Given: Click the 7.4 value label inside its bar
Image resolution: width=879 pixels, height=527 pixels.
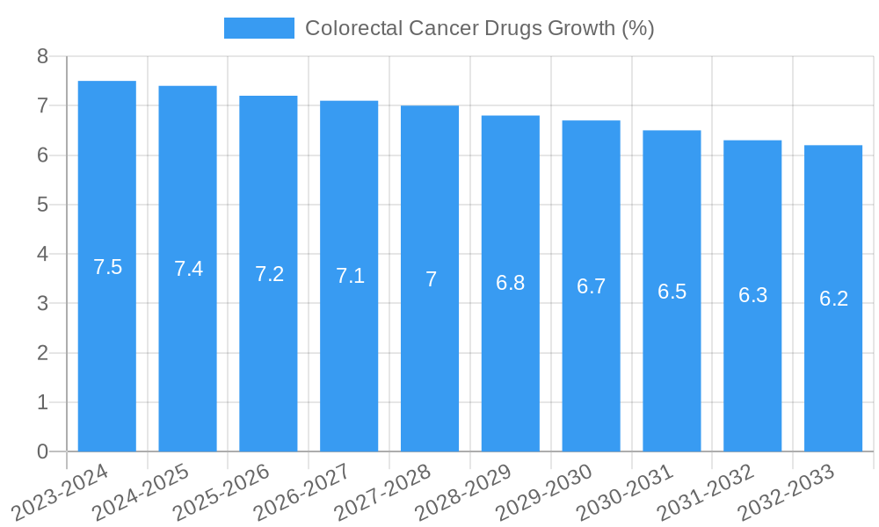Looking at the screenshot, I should click(188, 269).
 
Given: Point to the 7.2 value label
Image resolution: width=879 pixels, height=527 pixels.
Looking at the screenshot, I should click(269, 274).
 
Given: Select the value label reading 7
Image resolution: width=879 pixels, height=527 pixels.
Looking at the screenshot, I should click(431, 279).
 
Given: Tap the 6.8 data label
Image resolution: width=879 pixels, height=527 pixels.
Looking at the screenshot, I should click(511, 283).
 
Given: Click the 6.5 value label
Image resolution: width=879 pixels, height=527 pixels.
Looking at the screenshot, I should click(672, 292).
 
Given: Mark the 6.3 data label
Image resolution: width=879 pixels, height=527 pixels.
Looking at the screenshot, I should click(752, 295).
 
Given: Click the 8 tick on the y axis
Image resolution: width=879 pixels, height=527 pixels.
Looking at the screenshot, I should click(42, 56).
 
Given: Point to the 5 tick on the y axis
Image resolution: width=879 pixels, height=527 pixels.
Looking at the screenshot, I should click(42, 205).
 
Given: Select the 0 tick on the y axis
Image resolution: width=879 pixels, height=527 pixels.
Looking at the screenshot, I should click(42, 451).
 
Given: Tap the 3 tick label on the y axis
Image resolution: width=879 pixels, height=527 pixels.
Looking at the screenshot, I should click(42, 304).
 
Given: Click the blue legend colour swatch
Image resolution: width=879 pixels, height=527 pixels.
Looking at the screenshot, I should click(259, 28).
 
